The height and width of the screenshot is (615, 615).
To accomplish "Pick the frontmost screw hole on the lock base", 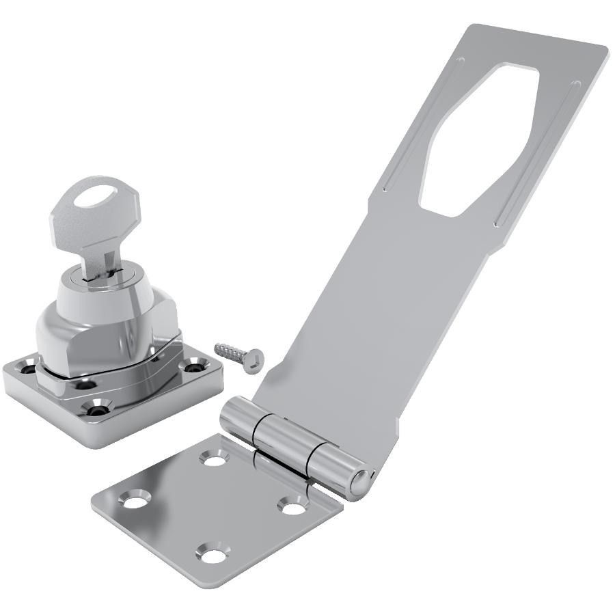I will click(x=96, y=409).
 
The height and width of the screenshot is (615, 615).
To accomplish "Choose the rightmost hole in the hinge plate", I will click(x=294, y=508).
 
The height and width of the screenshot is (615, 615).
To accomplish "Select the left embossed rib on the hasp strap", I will click(x=424, y=123).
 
